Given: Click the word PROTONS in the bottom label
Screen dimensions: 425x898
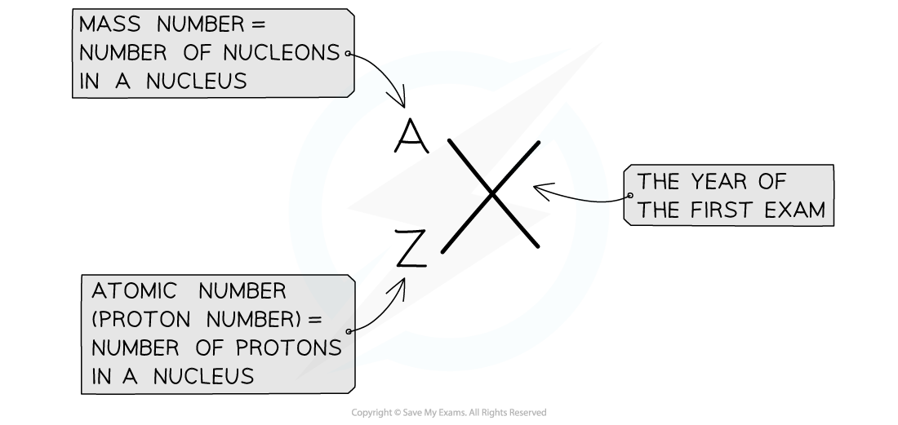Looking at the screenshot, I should [291, 348].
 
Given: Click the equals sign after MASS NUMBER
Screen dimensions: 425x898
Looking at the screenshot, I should [258, 25].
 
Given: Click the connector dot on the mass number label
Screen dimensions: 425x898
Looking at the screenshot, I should [349, 54].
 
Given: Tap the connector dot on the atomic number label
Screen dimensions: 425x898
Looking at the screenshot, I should [349, 332].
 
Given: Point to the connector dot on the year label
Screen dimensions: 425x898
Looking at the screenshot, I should [628, 196].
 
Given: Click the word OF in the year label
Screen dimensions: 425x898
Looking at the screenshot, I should [771, 182].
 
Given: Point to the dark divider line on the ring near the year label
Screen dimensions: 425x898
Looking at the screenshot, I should [592, 201].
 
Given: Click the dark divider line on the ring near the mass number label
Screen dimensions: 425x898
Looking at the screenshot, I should [389, 82].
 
